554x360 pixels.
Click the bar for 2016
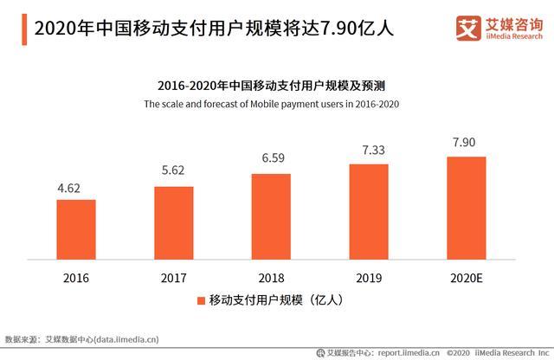[x=76, y=229]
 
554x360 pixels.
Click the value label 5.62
[x=174, y=171]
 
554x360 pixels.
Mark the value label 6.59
[x=271, y=158]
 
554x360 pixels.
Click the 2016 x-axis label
[x=76, y=278]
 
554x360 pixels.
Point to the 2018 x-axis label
[x=271, y=278]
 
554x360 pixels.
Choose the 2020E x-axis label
[x=467, y=278]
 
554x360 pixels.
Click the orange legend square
[x=202, y=300]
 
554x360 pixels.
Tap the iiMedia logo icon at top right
[x=467, y=27]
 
